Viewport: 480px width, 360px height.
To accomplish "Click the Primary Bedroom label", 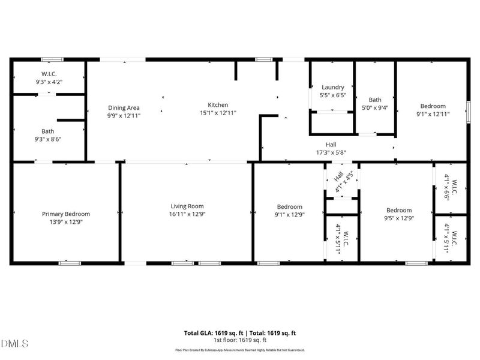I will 66,214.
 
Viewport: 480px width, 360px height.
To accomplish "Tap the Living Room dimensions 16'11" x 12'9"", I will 187,214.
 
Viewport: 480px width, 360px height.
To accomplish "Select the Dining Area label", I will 124,108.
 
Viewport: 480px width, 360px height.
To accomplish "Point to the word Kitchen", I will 218,105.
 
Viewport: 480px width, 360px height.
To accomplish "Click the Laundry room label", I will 333,87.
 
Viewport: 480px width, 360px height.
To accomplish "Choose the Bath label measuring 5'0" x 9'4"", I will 375,100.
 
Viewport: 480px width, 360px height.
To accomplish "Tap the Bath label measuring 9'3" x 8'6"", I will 48,131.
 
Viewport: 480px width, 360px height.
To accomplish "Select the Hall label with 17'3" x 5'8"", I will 331,145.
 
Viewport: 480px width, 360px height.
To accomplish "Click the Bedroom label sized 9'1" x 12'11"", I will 433,106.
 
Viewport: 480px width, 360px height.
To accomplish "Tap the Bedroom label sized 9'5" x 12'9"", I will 399,210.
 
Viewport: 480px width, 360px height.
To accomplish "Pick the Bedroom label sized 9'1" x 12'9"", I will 289,207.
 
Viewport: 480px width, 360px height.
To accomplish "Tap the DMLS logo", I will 15,343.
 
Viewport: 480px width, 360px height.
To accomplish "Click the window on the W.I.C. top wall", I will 52,59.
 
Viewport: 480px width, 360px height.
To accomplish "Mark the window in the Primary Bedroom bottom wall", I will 70,263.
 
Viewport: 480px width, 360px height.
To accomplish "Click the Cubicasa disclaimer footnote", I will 239,350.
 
